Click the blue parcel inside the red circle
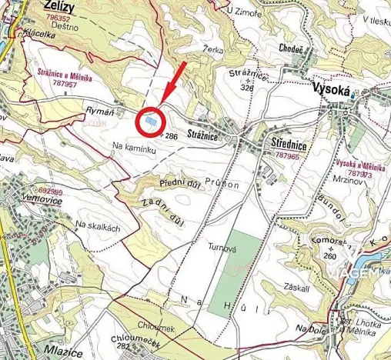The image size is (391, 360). [x=150, y=122]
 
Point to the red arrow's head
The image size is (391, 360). [x=162, y=99]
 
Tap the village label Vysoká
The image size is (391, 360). [x=332, y=90]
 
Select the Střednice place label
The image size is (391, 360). [x=289, y=144]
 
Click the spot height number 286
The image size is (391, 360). [x=172, y=136]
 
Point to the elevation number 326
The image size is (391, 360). [x=246, y=88]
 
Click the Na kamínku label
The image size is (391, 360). [x=133, y=151]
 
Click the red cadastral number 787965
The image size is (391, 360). [x=286, y=155]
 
